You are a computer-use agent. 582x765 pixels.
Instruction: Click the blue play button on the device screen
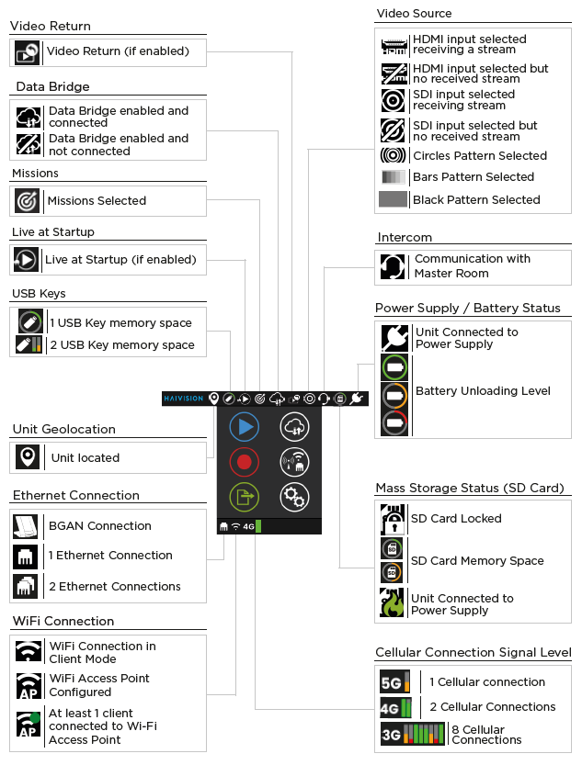click(244, 426)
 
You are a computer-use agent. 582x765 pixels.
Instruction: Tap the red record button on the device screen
click(244, 461)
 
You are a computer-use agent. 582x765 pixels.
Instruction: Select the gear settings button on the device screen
click(294, 497)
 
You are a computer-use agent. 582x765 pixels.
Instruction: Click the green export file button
click(244, 497)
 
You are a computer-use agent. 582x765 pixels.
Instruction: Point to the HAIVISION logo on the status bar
click(184, 399)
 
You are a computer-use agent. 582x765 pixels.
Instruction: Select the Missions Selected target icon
click(28, 200)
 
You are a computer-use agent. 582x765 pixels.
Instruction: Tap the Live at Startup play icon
click(27, 260)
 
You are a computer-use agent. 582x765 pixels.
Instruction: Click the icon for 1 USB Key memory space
click(29, 321)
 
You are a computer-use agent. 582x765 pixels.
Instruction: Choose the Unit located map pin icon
click(29, 457)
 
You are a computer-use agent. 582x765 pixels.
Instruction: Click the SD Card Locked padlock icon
click(393, 519)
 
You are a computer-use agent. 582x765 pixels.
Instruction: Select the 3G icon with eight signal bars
click(413, 734)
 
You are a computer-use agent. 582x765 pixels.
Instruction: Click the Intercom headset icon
click(393, 266)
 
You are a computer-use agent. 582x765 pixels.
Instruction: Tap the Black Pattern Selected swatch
click(393, 199)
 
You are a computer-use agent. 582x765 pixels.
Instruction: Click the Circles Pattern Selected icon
click(393, 155)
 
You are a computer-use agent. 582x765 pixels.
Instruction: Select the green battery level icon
click(394, 368)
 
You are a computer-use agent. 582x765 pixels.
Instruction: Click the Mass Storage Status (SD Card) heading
click(470, 488)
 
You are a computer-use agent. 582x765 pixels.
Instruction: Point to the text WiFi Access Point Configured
click(99, 684)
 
